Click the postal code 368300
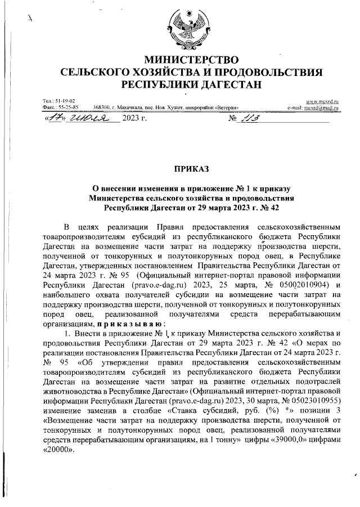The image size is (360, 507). (101, 106)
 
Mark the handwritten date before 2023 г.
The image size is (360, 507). (79, 119)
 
